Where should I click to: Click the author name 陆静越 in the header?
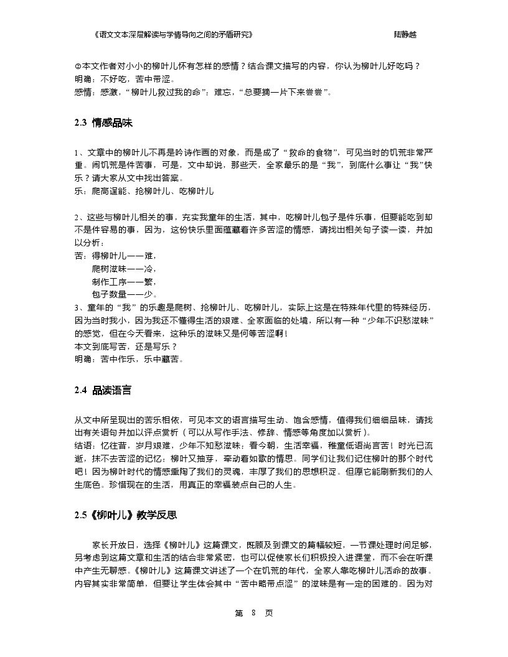point(405,35)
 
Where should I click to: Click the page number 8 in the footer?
point(253,613)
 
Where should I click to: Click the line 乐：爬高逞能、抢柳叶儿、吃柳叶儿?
point(144,191)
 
